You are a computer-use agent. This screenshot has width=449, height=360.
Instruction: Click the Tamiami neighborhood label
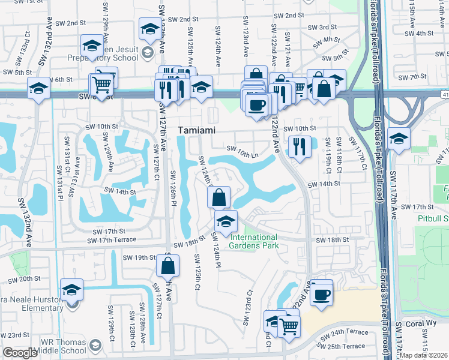[196, 130]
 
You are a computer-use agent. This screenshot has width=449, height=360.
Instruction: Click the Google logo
[20, 353]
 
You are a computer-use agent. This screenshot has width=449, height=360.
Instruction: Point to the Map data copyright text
[424, 355]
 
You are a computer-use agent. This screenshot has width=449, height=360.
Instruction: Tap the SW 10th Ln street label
[242, 149]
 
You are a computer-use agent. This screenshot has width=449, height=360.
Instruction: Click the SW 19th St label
[139, 257]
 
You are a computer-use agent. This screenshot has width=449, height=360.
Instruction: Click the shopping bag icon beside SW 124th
[219, 197]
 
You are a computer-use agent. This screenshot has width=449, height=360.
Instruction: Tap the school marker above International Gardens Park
[225, 221]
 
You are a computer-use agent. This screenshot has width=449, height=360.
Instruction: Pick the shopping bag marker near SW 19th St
[169, 264]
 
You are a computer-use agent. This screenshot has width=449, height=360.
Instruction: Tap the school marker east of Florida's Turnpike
[399, 140]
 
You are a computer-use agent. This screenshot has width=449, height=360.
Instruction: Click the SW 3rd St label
[322, 28]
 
